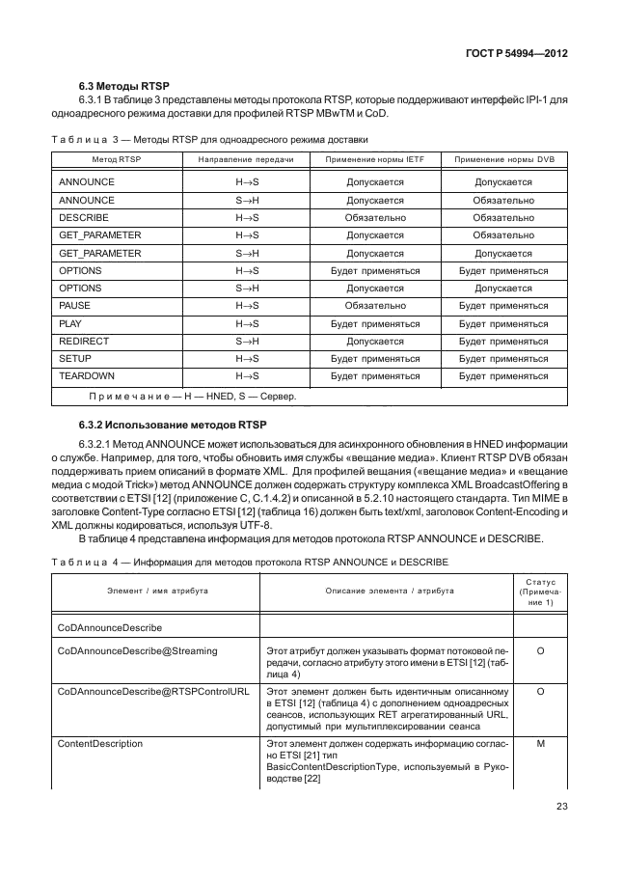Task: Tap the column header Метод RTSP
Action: tap(116, 158)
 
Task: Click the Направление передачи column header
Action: tap(246, 158)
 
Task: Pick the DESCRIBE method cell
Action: tap(83, 218)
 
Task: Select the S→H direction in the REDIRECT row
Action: tap(248, 341)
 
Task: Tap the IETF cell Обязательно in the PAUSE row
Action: tap(375, 306)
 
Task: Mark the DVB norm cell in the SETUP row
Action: tap(503, 358)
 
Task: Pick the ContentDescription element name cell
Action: tap(100, 743)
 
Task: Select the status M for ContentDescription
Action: tap(540, 743)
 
